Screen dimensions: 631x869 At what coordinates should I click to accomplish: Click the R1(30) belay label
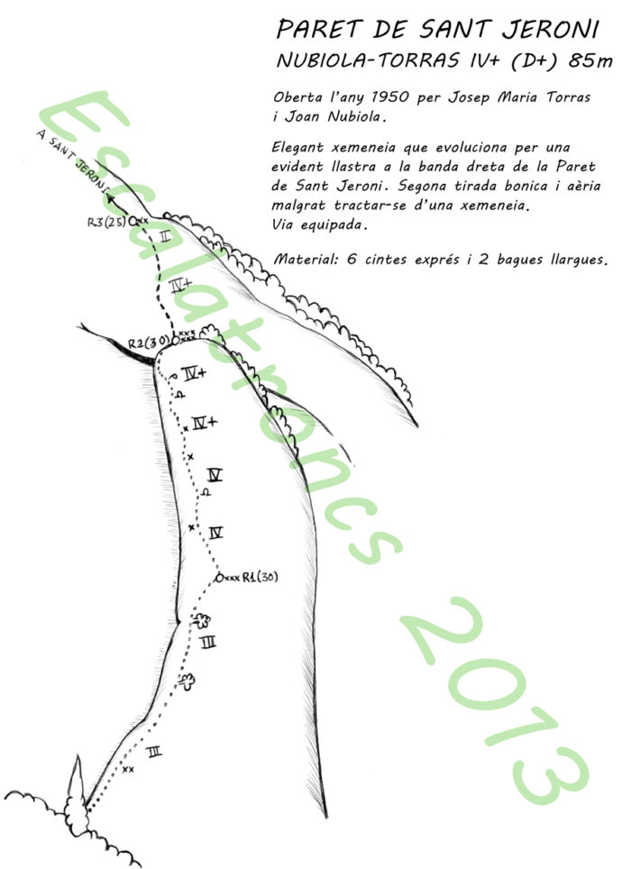(x=260, y=578)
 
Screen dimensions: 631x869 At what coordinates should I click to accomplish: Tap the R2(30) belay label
(x=148, y=343)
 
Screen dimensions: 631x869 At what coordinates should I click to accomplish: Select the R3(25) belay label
(x=107, y=223)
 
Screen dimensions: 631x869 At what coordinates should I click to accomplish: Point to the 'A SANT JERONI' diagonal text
(x=72, y=160)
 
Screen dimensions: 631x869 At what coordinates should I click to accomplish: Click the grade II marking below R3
(x=165, y=237)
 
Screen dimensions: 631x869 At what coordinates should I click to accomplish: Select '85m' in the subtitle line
(x=590, y=59)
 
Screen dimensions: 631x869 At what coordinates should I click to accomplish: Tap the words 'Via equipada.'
(x=320, y=225)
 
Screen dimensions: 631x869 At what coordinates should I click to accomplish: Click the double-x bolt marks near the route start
(x=128, y=769)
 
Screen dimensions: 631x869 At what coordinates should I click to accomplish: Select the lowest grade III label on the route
(x=154, y=752)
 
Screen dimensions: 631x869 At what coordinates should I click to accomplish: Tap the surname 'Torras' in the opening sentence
(x=569, y=97)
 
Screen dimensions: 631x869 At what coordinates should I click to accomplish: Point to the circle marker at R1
(x=219, y=578)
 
